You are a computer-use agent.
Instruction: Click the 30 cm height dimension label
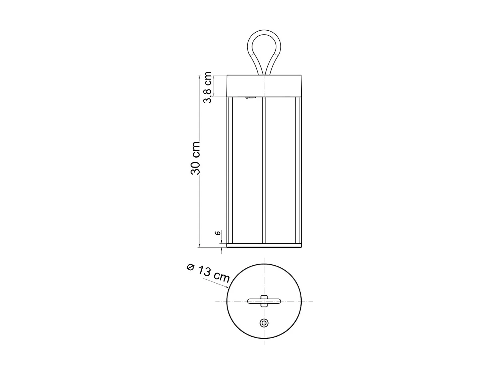point(196,158)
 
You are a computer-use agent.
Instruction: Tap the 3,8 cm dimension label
point(208,87)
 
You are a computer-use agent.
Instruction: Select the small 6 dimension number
point(218,233)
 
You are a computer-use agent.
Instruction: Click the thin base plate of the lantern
point(264,246)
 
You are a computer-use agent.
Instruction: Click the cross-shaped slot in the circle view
point(264,301)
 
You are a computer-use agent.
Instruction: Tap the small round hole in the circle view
point(264,322)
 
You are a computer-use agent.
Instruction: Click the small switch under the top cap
point(250,98)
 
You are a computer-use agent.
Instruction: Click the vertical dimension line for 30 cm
point(199,206)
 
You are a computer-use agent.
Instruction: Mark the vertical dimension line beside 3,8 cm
point(214,86)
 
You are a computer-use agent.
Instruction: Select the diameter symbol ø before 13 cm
point(191,267)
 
